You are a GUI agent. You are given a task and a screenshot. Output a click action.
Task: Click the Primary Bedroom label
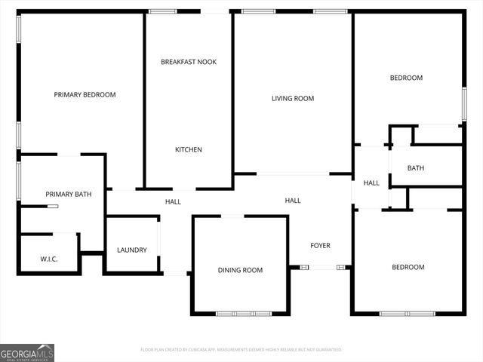85,95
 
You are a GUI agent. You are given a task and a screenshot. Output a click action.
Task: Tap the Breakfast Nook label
189,62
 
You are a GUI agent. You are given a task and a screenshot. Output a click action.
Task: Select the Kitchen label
189,149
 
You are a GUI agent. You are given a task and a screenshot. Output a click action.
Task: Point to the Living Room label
293,99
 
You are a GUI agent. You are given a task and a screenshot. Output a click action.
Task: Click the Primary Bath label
69,195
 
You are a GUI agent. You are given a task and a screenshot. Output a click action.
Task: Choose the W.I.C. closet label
49,259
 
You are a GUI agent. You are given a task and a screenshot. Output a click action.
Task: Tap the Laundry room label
132,250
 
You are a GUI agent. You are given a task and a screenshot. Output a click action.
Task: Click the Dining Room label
240,270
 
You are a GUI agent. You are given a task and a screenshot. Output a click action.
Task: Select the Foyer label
321,246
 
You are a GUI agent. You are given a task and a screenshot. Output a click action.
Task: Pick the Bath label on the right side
416,168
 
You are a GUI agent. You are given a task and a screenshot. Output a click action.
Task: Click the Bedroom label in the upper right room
406,78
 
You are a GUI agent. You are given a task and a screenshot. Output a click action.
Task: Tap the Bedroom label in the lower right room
408,267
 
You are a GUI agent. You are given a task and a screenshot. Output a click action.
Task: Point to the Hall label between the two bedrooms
371,183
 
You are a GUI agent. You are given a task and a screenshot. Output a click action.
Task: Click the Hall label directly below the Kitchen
173,201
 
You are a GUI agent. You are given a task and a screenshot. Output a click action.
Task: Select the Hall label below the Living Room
293,201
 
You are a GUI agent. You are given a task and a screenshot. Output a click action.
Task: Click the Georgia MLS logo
27,353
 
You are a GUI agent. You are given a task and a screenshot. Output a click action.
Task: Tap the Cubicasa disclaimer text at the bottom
241,350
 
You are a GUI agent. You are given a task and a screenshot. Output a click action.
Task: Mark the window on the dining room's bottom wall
243,313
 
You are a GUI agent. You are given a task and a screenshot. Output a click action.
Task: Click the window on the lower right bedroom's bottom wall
408,313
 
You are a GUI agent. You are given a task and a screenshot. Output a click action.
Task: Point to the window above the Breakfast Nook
162,11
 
